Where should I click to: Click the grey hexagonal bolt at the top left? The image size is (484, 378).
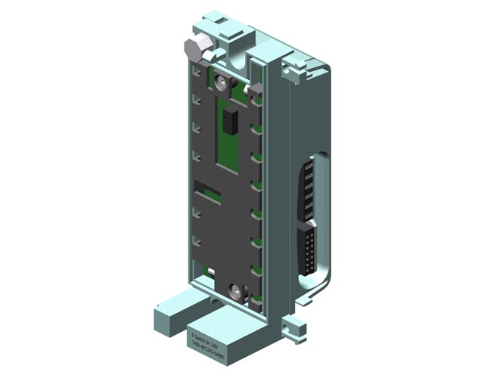(193, 50)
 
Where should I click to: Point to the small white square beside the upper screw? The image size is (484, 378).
(256, 91)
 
